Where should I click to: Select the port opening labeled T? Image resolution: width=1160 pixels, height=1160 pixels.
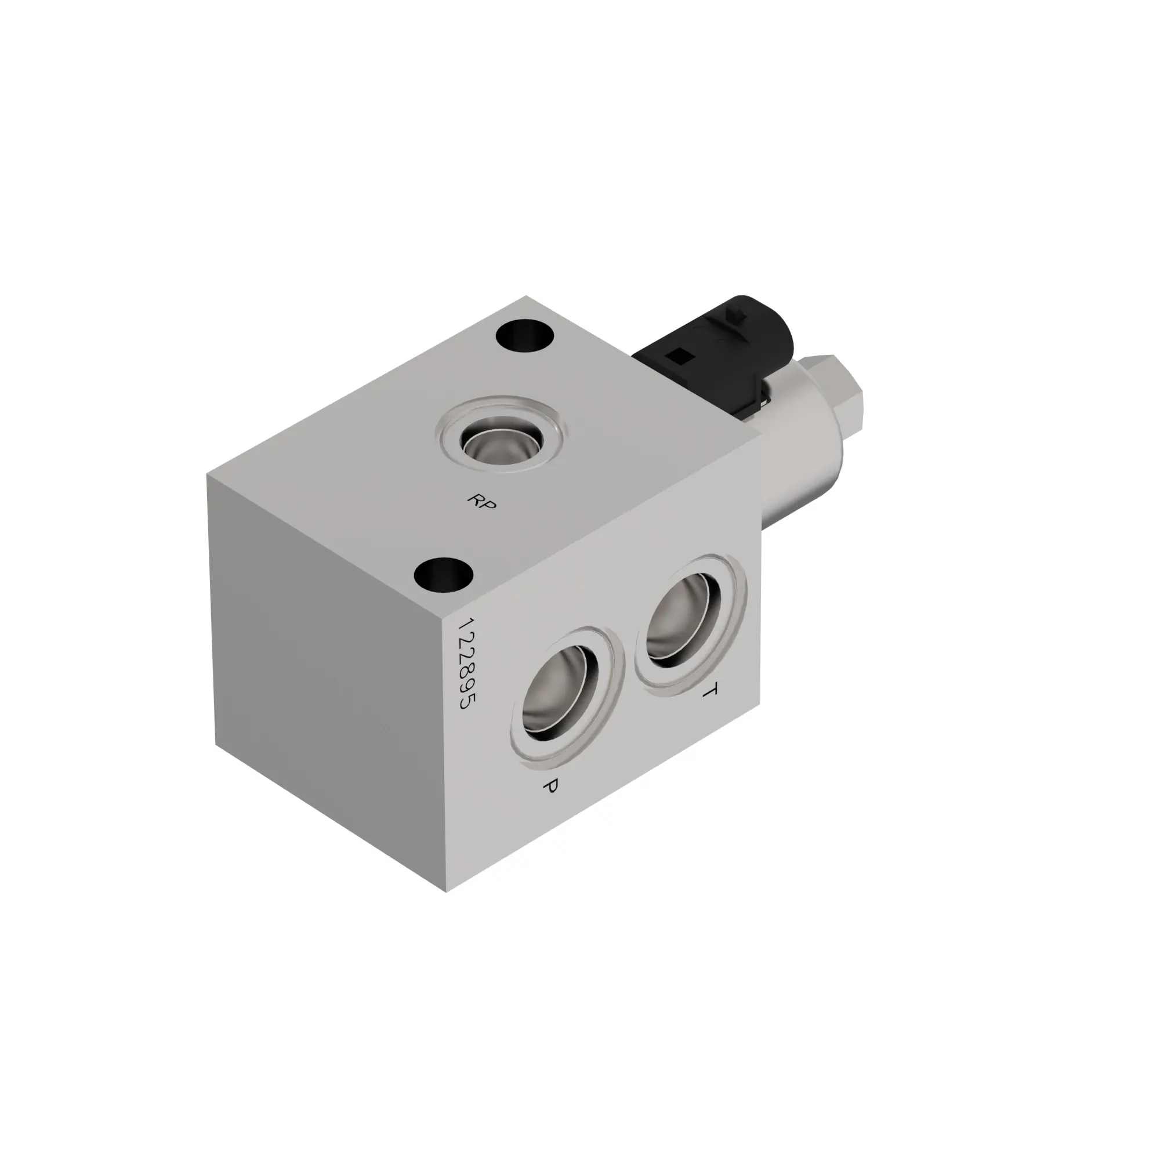[x=685, y=619]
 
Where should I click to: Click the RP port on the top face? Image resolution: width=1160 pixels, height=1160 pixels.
[x=502, y=444]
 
